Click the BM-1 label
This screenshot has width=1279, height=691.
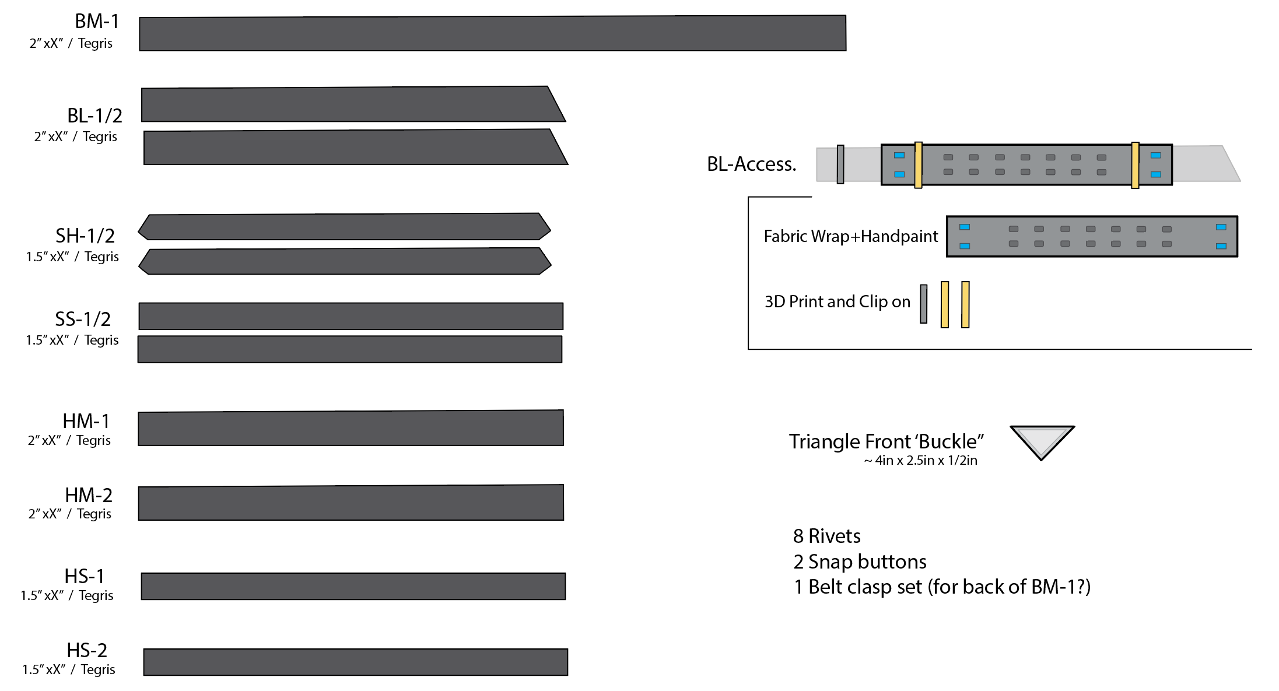pyautogui.click(x=97, y=22)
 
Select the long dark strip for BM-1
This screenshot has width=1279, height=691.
pyautogui.click(x=492, y=34)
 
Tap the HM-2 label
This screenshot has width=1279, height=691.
pyautogui.click(x=89, y=495)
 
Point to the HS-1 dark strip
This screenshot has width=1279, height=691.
pyautogui.click(x=353, y=586)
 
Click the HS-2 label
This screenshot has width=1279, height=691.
pyautogui.click(x=87, y=650)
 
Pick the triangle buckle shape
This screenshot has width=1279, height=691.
pyautogui.click(x=1042, y=440)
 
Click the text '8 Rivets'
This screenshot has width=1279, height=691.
pyautogui.click(x=826, y=536)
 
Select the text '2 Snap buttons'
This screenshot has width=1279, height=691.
pyautogui.click(x=860, y=562)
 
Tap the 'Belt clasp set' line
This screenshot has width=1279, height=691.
pyautogui.click(x=942, y=587)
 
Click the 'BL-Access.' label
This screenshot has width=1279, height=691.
pyautogui.click(x=751, y=164)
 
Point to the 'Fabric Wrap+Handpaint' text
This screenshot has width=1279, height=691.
pyautogui.click(x=850, y=236)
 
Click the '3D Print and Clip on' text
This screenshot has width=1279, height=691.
pyautogui.click(x=837, y=301)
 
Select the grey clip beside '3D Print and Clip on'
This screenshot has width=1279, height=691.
pyautogui.click(x=923, y=304)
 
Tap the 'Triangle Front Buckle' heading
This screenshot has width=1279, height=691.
pyautogui.click(x=886, y=441)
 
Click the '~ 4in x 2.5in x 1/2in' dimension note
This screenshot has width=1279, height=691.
pyautogui.click(x=920, y=461)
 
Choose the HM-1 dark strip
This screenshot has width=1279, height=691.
pyautogui.click(x=351, y=429)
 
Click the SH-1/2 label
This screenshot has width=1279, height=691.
pyautogui.click(x=85, y=236)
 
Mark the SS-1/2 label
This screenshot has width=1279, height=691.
pyautogui.click(x=83, y=319)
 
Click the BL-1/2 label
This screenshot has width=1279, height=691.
pyautogui.click(x=94, y=115)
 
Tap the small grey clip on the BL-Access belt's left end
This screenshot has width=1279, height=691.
pyautogui.click(x=840, y=164)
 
